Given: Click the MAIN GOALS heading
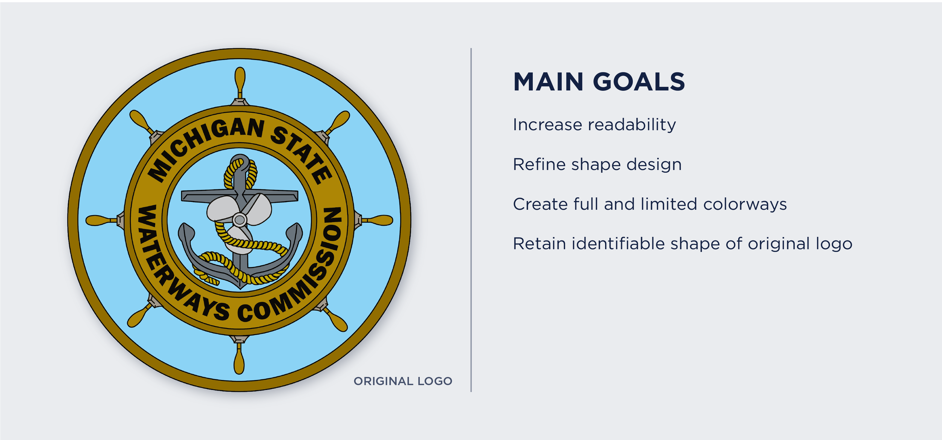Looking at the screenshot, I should [599, 82].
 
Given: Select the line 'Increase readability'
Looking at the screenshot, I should [594, 125].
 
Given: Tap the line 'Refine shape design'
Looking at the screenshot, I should [597, 165].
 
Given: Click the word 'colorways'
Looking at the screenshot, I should [745, 204].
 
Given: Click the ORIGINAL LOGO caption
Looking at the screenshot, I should [403, 381].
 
